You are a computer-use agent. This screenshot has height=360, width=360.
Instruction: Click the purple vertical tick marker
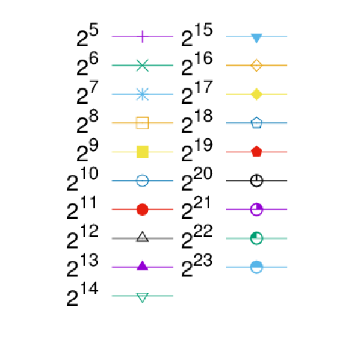[143, 36]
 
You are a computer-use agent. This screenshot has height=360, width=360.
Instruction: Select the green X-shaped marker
[143, 66]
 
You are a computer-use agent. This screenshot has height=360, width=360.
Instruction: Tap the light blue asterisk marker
[143, 94]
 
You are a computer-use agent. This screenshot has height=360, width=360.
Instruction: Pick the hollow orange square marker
[143, 123]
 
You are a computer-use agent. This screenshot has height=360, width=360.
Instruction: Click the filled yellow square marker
[143, 152]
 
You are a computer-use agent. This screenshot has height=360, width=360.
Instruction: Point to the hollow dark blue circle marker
[143, 181]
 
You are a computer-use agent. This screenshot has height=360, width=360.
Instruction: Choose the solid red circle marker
[143, 209]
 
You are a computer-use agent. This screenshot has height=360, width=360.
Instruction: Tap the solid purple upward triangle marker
[143, 265]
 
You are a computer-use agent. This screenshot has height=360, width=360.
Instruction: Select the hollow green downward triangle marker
[143, 297]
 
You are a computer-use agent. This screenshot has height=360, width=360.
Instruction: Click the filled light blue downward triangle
[256, 37]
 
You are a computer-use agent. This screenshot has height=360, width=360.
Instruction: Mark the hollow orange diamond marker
[256, 66]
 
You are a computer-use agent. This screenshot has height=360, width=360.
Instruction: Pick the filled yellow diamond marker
[256, 94]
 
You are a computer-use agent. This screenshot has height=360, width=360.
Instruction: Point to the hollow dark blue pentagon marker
[256, 123]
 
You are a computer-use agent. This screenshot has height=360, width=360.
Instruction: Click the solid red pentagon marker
[256, 152]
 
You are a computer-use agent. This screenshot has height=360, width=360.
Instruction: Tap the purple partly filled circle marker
[256, 209]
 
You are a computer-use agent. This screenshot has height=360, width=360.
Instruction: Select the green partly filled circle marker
[256, 238]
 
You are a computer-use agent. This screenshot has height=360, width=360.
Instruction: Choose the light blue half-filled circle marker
[256, 267]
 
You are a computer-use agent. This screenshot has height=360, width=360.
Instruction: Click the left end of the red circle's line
[112, 209]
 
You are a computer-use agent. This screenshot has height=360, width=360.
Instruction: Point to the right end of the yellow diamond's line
[287, 94]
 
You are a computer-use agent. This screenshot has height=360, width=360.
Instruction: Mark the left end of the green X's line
[112, 66]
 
